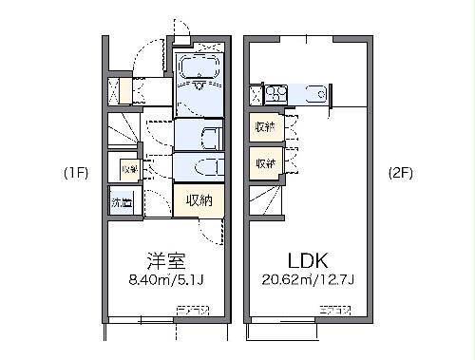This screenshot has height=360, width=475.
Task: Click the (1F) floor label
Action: [77, 173]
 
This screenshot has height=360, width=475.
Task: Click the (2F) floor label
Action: [400, 173]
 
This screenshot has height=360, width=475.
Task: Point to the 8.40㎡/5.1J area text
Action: [165, 279]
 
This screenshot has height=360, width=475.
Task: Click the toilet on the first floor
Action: [205, 167]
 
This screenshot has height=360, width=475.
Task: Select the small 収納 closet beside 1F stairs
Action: [128, 169]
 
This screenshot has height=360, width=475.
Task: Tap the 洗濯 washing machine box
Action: [122, 202]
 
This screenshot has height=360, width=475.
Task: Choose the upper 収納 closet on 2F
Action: [265, 127]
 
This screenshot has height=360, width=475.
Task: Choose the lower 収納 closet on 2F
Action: [265, 162]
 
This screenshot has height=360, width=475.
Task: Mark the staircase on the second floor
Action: [265, 200]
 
